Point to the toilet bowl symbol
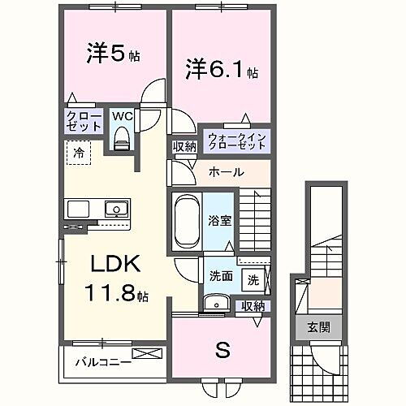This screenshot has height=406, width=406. click(122, 140)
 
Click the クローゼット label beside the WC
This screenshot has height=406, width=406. click(84, 122)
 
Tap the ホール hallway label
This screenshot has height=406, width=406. click(225, 172)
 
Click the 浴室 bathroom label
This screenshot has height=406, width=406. click(217, 219)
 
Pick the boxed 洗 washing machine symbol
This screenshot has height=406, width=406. click(253, 280)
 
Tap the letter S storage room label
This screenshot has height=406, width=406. click(221, 351)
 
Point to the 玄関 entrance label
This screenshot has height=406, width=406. click(317, 327)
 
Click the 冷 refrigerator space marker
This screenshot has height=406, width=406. click(80, 152)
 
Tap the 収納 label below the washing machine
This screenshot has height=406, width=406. click(253, 306)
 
